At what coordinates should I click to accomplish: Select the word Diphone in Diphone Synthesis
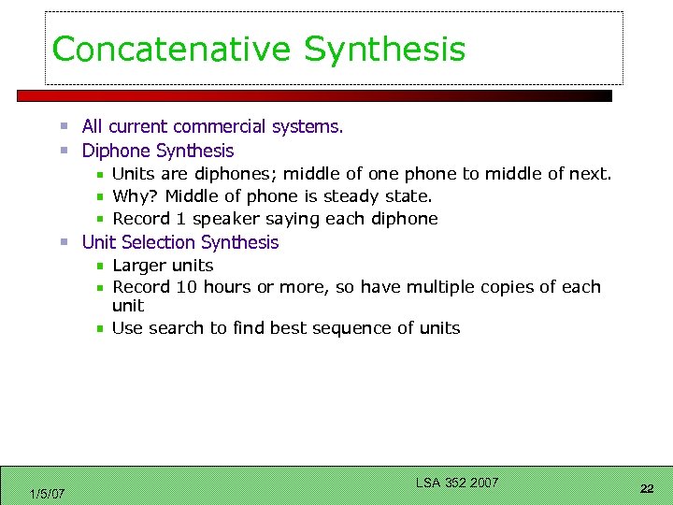(116, 151)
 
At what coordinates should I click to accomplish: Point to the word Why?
(135, 196)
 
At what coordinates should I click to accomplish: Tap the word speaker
(223, 219)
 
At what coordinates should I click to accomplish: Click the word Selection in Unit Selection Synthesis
(156, 242)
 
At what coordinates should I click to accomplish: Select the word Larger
(136, 266)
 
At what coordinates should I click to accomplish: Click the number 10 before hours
(187, 287)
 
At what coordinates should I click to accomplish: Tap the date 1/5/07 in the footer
(47, 494)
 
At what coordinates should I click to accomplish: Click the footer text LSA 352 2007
(457, 483)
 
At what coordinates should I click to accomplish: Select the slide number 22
(646, 489)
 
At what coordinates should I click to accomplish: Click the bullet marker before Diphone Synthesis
(64, 151)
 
